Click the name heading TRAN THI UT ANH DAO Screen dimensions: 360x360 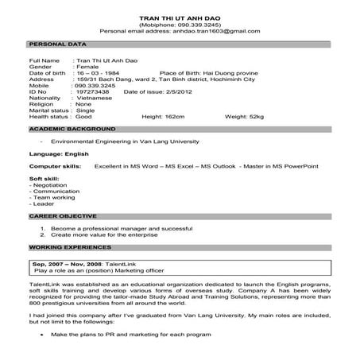click(180, 17)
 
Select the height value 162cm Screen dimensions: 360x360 click(190, 116)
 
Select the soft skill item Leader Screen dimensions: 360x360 click(41, 204)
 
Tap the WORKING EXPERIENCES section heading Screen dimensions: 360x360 click(68, 247)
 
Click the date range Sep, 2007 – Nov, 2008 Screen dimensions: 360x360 click(72, 261)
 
